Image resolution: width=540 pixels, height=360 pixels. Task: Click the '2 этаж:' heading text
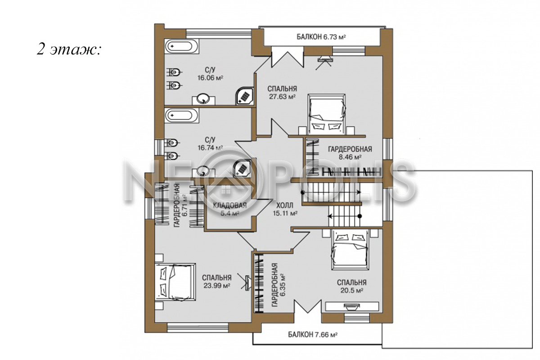(x=68, y=50)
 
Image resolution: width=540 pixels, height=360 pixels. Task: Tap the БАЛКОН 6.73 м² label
(x=321, y=37)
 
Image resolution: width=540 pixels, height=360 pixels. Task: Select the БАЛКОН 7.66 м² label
(x=313, y=335)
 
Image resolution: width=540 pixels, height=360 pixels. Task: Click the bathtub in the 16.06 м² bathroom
(x=182, y=46)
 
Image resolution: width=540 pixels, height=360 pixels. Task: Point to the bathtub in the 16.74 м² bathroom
(x=182, y=116)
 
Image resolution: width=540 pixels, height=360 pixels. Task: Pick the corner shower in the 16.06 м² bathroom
(x=244, y=96)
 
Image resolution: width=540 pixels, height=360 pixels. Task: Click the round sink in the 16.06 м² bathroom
(x=204, y=99)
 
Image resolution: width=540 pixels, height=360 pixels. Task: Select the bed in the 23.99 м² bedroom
(x=175, y=282)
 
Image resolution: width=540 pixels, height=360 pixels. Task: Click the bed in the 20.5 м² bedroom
(x=350, y=250)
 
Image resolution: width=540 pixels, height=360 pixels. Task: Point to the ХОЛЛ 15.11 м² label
(x=285, y=209)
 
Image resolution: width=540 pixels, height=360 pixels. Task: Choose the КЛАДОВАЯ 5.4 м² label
(x=230, y=209)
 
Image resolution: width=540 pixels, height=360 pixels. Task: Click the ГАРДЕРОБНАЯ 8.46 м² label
(x=350, y=153)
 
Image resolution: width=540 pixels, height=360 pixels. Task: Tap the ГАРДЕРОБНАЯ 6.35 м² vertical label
(x=278, y=285)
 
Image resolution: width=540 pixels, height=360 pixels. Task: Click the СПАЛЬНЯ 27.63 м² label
(x=282, y=93)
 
